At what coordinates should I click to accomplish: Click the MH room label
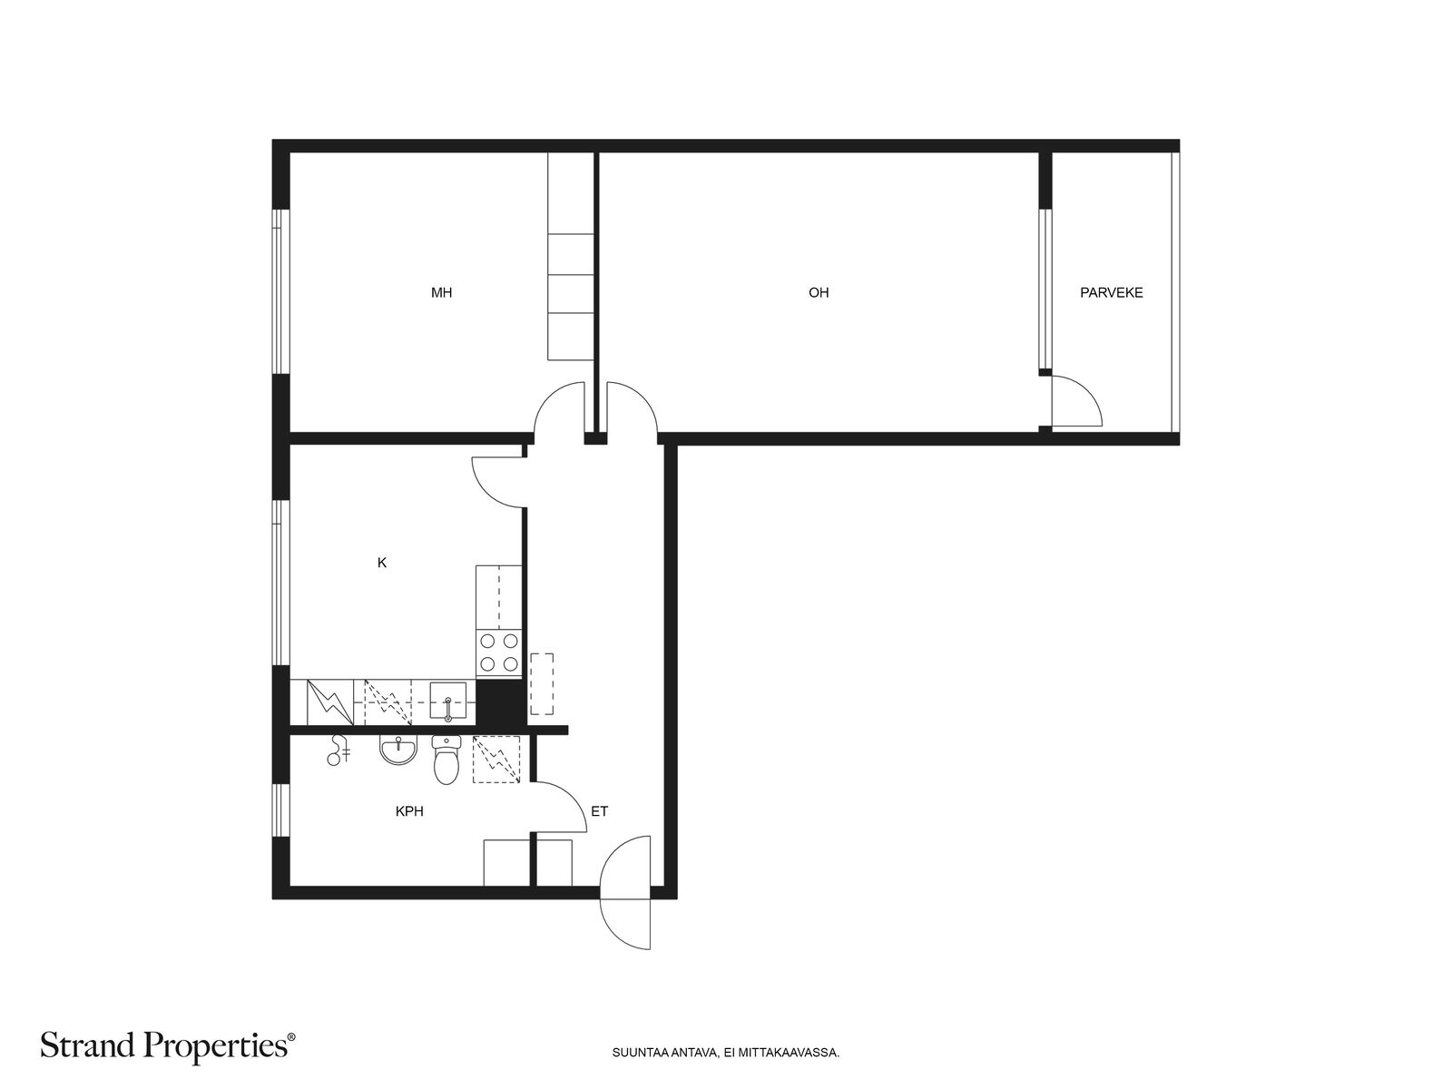[x=441, y=292]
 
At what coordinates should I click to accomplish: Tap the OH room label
[x=819, y=292]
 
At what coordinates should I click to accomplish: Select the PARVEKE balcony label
[x=1112, y=292]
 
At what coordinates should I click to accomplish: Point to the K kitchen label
[x=382, y=563]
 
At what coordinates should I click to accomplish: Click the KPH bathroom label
[x=409, y=811]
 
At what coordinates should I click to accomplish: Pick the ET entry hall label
[x=599, y=811]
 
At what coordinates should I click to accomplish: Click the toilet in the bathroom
[x=446, y=760]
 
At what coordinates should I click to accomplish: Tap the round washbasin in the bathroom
[x=399, y=750]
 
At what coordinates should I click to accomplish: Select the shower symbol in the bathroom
[x=338, y=751]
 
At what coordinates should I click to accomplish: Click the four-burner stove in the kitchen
[x=499, y=652]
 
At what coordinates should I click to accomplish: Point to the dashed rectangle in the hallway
[x=542, y=683]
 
